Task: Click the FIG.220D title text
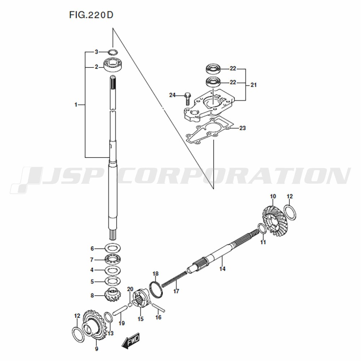[x=91, y=15]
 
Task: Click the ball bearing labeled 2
[x=113, y=65]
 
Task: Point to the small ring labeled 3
[x=113, y=52]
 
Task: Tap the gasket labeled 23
[x=210, y=130]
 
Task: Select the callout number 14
[x=222, y=269]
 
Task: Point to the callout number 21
[x=253, y=85]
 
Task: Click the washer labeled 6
[x=113, y=248]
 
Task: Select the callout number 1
[x=76, y=105]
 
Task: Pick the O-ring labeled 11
[x=262, y=229]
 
